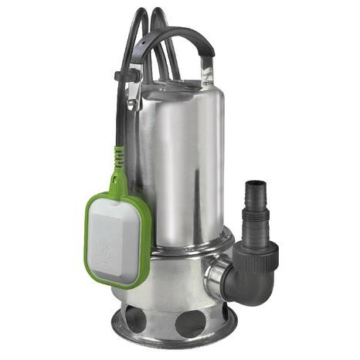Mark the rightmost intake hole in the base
pos(231,308)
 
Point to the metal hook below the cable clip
pos(132,97)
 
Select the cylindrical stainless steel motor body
pos(182,155)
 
